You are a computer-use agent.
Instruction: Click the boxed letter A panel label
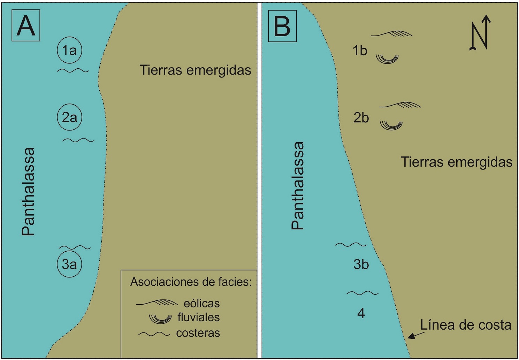[26, 25]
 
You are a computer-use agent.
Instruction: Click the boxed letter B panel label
[282, 26]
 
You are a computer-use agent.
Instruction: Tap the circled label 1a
[69, 50]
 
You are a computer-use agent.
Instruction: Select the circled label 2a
[69, 117]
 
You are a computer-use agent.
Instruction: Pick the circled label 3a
[69, 264]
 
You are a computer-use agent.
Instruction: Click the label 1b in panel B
[360, 51]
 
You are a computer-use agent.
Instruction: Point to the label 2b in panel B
[361, 118]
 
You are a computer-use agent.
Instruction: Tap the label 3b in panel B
[361, 265]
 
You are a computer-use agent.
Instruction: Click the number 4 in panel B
[361, 314]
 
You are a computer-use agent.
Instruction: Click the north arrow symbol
[480, 33]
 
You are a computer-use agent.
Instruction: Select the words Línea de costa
[465, 325]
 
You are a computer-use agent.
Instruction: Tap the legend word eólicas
[201, 303]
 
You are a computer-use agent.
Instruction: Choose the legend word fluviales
[198, 317]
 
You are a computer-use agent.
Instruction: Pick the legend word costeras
[198, 333]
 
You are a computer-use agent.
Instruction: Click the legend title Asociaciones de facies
[191, 282]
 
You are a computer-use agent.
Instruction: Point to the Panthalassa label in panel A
[28, 191]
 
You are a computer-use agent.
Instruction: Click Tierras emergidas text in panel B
[456, 162]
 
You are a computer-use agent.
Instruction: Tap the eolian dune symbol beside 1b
[392, 34]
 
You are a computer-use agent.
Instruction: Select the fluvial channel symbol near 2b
[391, 125]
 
